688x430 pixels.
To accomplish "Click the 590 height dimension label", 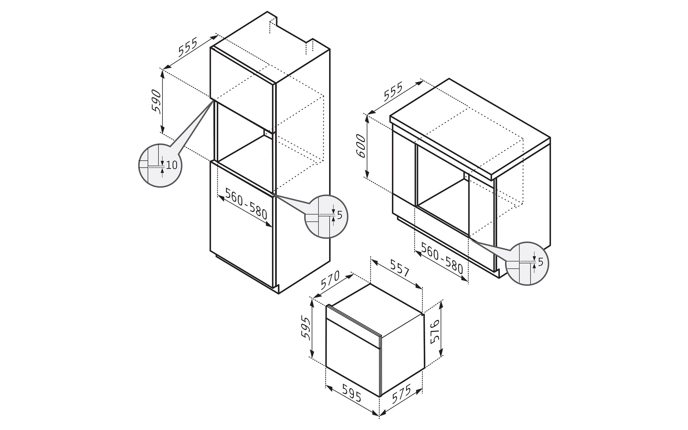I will pos(157,101).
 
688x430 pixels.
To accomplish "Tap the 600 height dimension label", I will pos(361,146).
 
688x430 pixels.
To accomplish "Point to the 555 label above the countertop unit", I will pos(393,92).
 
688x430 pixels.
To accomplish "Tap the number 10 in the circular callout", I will pos(171,165).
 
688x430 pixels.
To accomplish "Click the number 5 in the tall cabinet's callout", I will pos(339,215).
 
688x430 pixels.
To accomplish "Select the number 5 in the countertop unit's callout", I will pos(540,262).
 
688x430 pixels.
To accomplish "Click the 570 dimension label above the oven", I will pos(330,280).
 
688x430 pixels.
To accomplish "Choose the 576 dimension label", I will pos(435,332).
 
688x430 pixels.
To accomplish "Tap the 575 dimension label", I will pos(401,394).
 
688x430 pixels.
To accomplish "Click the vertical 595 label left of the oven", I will pos(306,328).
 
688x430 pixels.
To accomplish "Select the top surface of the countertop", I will pos(470,126).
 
